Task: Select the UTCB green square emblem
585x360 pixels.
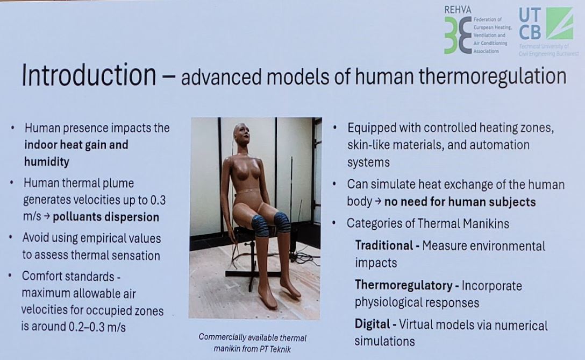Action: click(560, 23)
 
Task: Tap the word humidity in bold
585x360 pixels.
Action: click(47, 161)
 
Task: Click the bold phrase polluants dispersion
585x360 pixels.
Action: click(106, 217)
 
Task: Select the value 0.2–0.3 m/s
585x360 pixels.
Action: click(97, 327)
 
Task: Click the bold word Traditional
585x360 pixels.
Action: click(384, 245)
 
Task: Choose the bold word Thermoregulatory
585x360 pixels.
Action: click(404, 285)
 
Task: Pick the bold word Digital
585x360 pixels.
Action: click(372, 324)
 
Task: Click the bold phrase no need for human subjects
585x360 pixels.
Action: click(460, 202)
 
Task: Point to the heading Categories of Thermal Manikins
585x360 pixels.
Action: click(428, 223)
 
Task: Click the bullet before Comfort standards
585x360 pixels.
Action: click(10, 276)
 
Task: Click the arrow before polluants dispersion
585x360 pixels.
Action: click(47, 217)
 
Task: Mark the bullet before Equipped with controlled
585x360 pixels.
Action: click(334, 128)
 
